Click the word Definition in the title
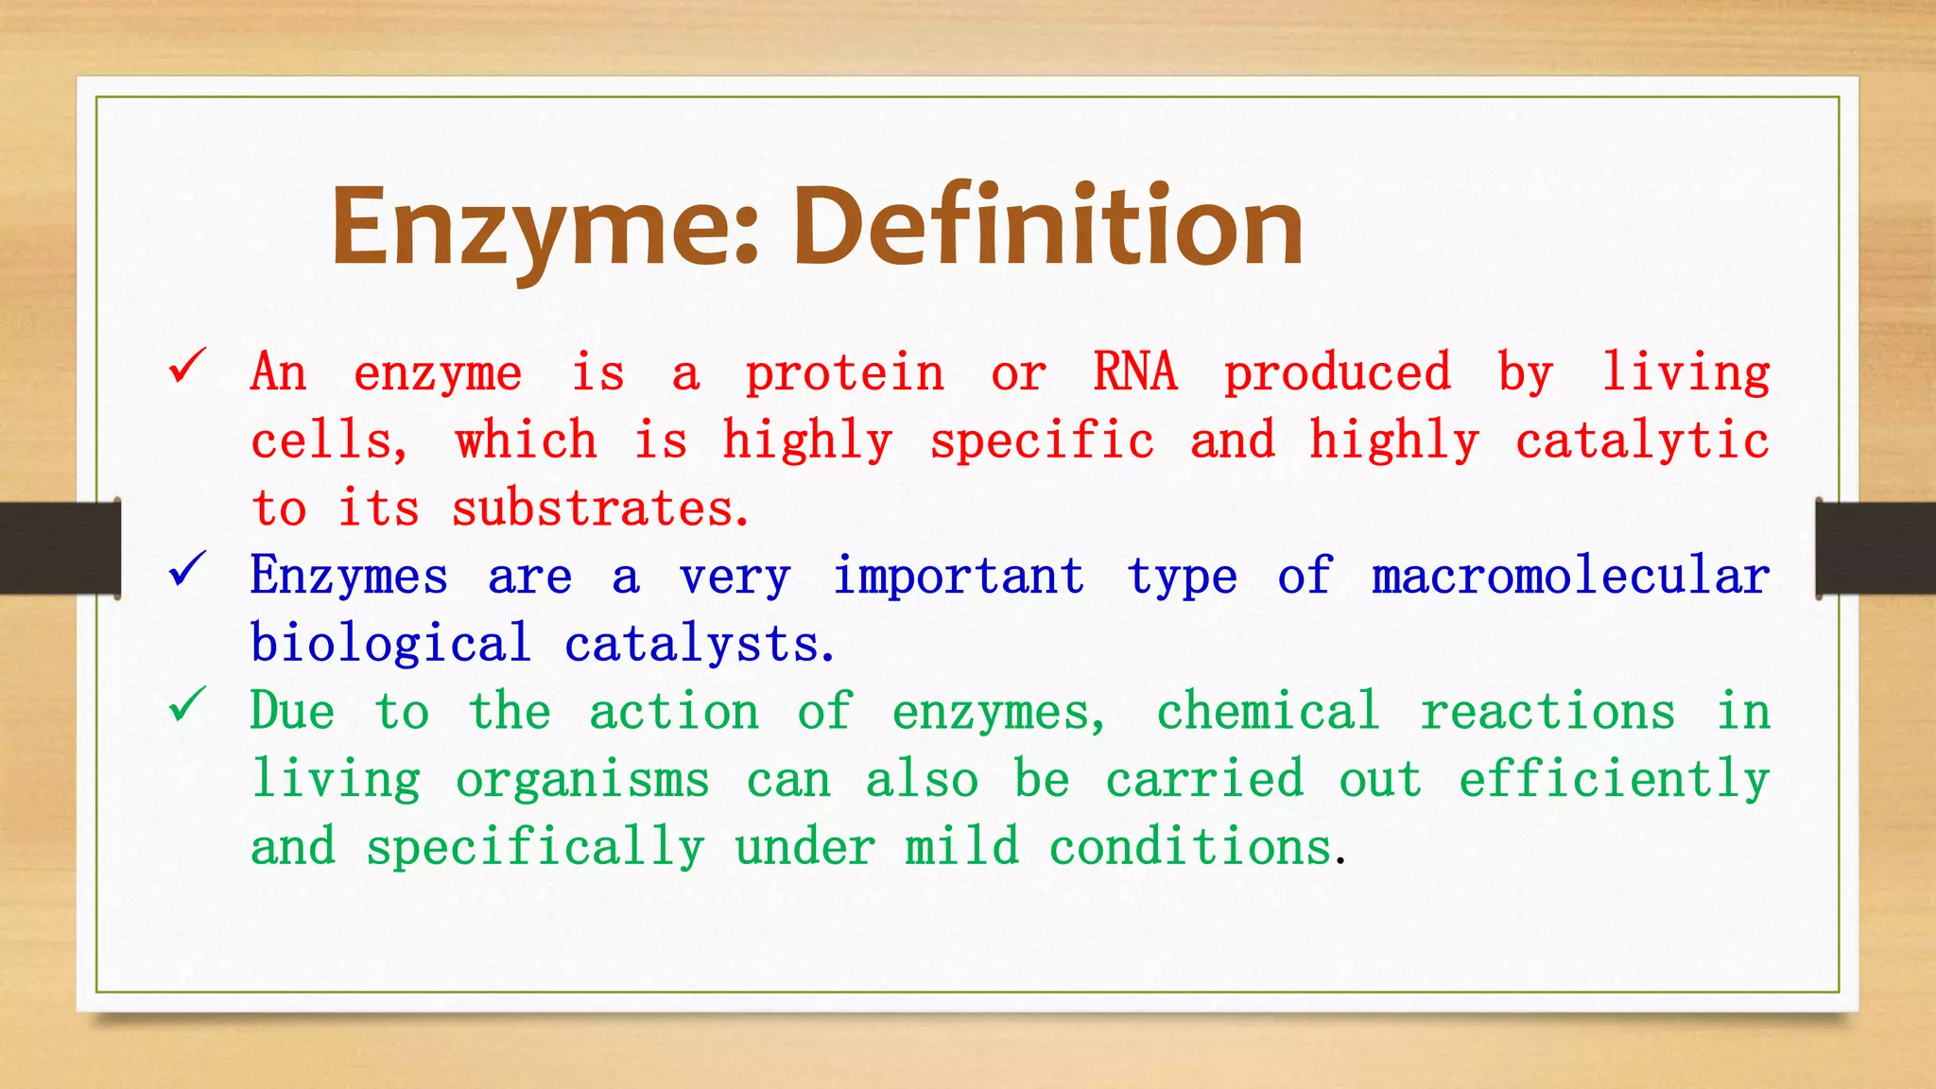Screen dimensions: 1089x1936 [1047, 227]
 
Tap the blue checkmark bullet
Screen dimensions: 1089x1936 [187, 568]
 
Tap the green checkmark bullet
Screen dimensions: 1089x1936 [187, 703]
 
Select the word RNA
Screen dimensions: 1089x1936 [1134, 372]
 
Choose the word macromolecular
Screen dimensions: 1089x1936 [1570, 576]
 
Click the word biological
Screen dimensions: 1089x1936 [390, 645]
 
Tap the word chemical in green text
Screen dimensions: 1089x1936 [1268, 711]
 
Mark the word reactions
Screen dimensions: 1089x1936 [1547, 711]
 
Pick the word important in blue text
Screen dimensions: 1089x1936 [958, 576]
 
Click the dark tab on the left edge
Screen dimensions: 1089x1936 [60, 548]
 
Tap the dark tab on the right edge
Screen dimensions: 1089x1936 [1875, 548]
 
